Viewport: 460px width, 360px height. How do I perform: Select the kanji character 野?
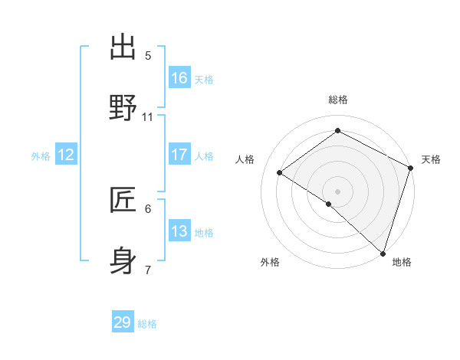pyautogui.click(x=123, y=108)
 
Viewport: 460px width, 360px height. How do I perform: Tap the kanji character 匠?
pyautogui.click(x=123, y=200)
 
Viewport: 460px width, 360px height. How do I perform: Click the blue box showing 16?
pyautogui.click(x=179, y=78)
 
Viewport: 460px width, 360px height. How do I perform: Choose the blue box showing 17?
pyautogui.click(x=179, y=155)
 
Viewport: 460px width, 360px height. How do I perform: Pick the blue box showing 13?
pyautogui.click(x=179, y=231)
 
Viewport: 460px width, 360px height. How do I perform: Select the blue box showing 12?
pyautogui.click(x=66, y=155)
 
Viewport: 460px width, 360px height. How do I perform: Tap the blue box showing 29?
pyautogui.click(x=123, y=322)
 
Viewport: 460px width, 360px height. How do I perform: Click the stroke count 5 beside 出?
pyautogui.click(x=148, y=56)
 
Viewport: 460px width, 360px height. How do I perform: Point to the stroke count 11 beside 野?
pyautogui.click(x=148, y=117)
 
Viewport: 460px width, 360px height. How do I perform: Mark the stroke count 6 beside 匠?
pyautogui.click(x=148, y=208)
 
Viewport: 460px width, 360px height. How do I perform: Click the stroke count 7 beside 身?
pyautogui.click(x=148, y=270)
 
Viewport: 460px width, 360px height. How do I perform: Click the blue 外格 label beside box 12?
pyautogui.click(x=41, y=156)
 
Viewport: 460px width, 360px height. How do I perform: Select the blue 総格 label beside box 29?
pyautogui.click(x=147, y=324)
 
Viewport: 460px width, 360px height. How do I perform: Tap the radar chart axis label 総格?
pyautogui.click(x=338, y=100)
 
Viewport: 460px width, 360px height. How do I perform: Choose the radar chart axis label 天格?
pyautogui.click(x=431, y=159)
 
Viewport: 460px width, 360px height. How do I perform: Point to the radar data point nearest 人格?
pyautogui.click(x=280, y=173)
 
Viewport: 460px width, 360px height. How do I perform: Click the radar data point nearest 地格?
pyautogui.click(x=383, y=254)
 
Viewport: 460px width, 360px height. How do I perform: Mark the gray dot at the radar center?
pyautogui.click(x=337, y=191)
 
